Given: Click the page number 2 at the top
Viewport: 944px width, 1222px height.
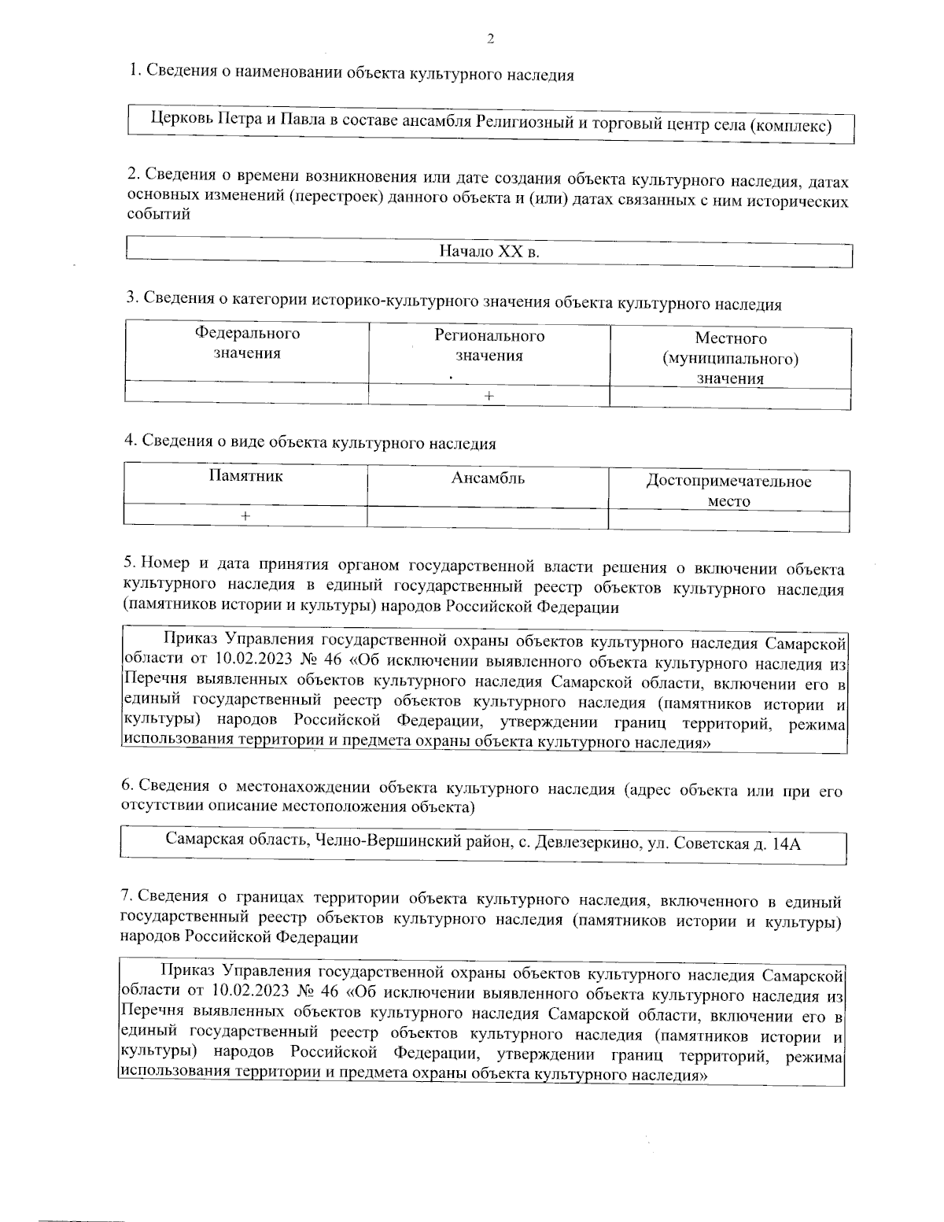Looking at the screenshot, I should pyautogui.click(x=490, y=39).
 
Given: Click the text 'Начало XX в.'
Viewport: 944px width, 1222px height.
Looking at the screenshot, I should pyautogui.click(x=489, y=252).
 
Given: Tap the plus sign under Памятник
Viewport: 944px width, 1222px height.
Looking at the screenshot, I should pyautogui.click(x=245, y=516).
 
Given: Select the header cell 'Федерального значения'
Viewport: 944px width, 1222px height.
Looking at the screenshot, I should pyautogui.click(x=247, y=343).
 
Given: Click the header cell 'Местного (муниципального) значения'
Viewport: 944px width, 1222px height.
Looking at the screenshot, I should pyautogui.click(x=730, y=359).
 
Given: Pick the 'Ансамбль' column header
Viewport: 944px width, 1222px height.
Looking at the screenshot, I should pyautogui.click(x=488, y=478).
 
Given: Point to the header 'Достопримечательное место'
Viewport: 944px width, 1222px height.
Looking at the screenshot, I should pyautogui.click(x=728, y=491).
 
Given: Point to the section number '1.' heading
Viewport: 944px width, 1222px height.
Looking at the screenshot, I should pyautogui.click(x=135, y=72).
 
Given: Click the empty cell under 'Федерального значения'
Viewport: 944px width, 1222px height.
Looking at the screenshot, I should pyautogui.click(x=247, y=393).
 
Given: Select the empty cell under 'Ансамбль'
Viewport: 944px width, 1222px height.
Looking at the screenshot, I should pyautogui.click(x=488, y=516).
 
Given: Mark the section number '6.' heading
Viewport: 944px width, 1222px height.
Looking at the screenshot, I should pyautogui.click(x=127, y=786).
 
